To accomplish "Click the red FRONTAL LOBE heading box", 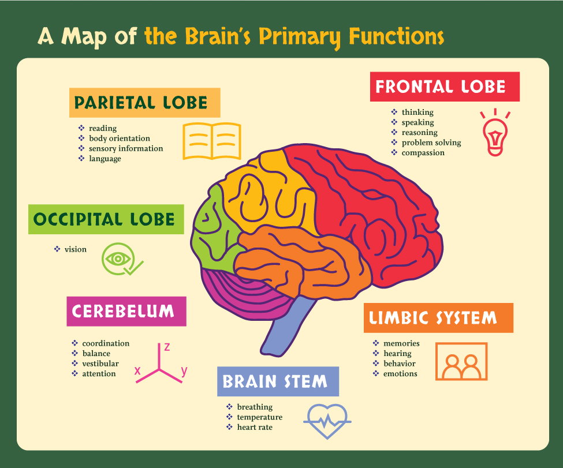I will pyautogui.click(x=445, y=87).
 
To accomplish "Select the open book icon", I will pyautogui.click(x=212, y=141).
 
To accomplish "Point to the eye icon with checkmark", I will pyautogui.click(x=120, y=259).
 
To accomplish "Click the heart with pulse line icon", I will pyautogui.click(x=327, y=421).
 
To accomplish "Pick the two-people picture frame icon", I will pyautogui.click(x=461, y=361).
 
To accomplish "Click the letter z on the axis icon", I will pyautogui.click(x=167, y=347).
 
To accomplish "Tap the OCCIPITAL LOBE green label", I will pyautogui.click(x=106, y=219).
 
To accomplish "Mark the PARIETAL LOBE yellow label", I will pyautogui.click(x=144, y=103).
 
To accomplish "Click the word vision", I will pyautogui.click(x=76, y=249).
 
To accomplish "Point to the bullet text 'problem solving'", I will pyautogui.click(x=431, y=143).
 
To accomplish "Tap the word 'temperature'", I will pyautogui.click(x=260, y=417).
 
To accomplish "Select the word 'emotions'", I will pyautogui.click(x=400, y=374).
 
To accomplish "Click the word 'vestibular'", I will pyautogui.click(x=100, y=364).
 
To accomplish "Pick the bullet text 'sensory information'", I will pyautogui.click(x=126, y=148).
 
